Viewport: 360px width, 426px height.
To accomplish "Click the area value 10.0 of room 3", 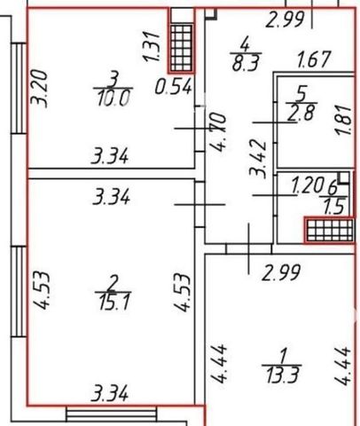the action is [113, 99].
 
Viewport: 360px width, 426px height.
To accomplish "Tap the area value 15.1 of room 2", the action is [114, 302].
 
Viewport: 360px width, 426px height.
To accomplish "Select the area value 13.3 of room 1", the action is [283, 375].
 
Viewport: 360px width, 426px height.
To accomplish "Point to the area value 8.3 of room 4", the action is [246, 63].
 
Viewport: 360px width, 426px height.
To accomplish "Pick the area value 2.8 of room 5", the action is [301, 113].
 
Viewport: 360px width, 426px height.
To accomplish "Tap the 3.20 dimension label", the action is [40, 89].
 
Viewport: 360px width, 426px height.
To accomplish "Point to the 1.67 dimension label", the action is [313, 59].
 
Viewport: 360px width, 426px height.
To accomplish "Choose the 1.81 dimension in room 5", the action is [344, 121].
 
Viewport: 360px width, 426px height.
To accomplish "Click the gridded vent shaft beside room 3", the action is [181, 48].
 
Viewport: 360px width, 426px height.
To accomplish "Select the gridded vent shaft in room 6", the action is [329, 230].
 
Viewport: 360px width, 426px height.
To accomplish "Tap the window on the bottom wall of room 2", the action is [112, 414].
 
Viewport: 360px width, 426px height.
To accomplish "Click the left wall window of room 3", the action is [19, 88].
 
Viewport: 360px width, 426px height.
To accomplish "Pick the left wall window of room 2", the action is [19, 291].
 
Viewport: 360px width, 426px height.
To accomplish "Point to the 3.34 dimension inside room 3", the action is [110, 156].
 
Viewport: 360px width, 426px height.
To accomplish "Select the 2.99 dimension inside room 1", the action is [281, 272].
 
